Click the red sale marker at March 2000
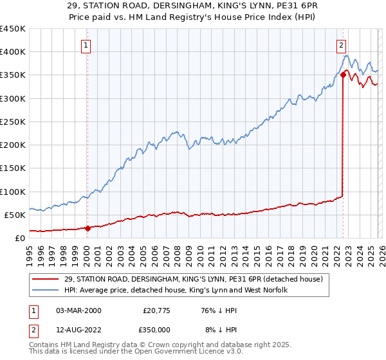click(x=88, y=228)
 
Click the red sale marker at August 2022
click(x=343, y=75)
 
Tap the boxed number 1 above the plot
click(x=86, y=45)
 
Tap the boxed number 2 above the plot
click(x=341, y=45)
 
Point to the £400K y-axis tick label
click(x=13, y=52)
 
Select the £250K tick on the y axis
click(x=13, y=122)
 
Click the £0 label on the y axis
click(x=19, y=238)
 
